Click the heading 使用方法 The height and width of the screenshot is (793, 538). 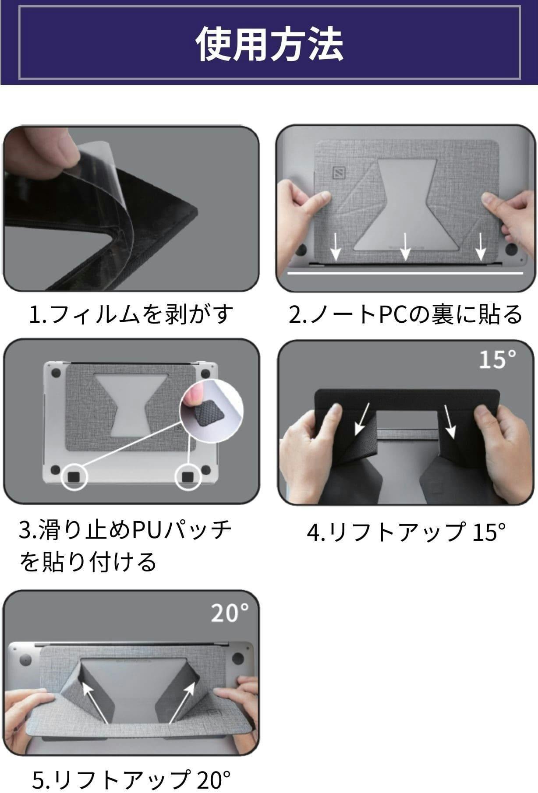click(269, 43)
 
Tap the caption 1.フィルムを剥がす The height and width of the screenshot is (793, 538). click(131, 314)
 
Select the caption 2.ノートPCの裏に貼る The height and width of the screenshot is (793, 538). click(405, 314)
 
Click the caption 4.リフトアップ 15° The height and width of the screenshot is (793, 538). click(406, 532)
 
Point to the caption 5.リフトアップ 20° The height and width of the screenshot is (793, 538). click(131, 779)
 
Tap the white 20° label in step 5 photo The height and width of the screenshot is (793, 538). click(230, 613)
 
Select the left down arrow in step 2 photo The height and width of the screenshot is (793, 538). click(336, 246)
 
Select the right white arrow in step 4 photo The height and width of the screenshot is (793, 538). click(450, 421)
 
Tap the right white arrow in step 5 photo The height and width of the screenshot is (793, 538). click(182, 703)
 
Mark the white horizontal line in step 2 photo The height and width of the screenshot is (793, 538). click(405, 273)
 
